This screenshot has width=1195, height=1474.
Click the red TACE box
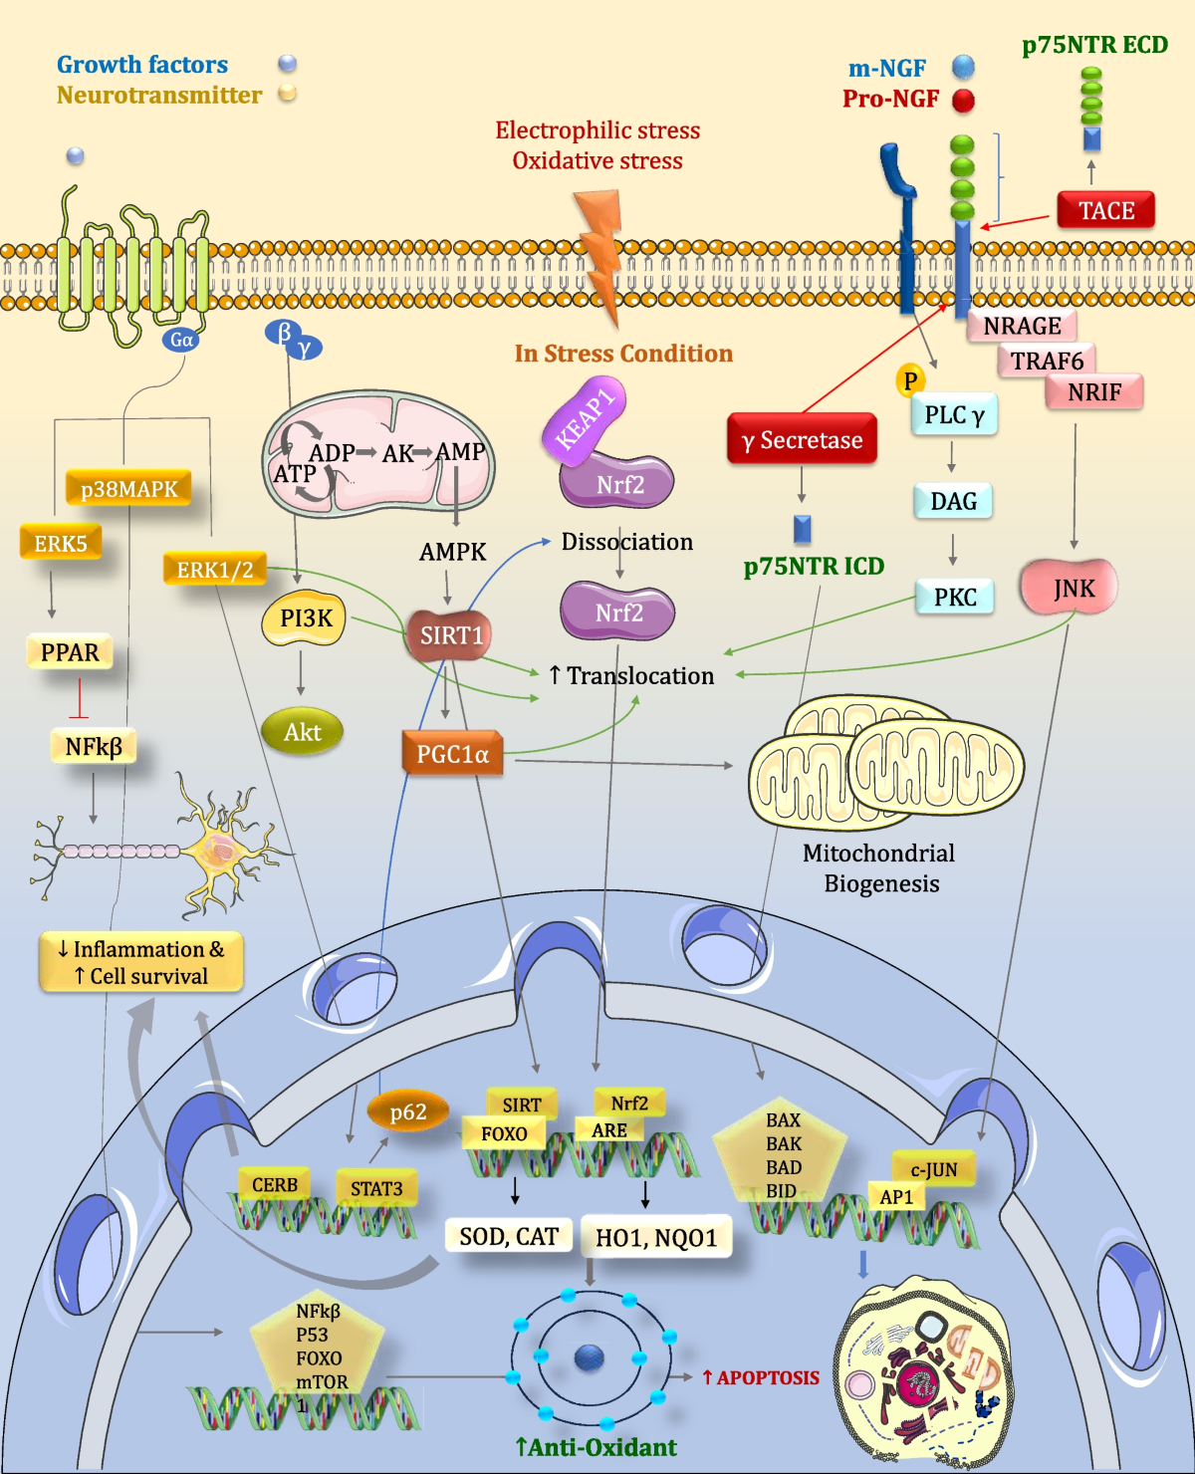click(x=1105, y=210)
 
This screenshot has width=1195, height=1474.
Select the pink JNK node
click(x=1070, y=588)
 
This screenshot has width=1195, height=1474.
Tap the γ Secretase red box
click(x=802, y=439)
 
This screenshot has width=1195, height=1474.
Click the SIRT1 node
click(x=450, y=635)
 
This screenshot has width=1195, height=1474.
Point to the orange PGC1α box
click(x=452, y=754)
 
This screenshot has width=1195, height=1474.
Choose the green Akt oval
click(x=302, y=732)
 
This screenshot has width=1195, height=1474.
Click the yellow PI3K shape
click(x=305, y=618)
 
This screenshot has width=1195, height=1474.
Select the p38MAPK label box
click(x=128, y=489)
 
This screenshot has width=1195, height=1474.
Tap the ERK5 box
click(x=61, y=543)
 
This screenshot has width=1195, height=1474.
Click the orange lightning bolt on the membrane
click(x=600, y=249)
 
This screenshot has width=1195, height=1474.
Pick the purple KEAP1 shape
click(x=586, y=418)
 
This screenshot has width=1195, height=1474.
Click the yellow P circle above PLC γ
click(x=909, y=380)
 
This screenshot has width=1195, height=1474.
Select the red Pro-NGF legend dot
click(x=963, y=100)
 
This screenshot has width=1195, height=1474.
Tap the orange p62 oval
click(x=408, y=1111)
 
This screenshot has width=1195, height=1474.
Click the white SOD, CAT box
click(x=508, y=1236)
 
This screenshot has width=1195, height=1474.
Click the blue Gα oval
click(x=181, y=340)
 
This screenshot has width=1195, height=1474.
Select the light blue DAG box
click(x=953, y=501)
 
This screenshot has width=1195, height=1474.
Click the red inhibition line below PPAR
click(x=79, y=698)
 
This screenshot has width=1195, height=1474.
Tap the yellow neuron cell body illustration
click(x=218, y=849)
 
